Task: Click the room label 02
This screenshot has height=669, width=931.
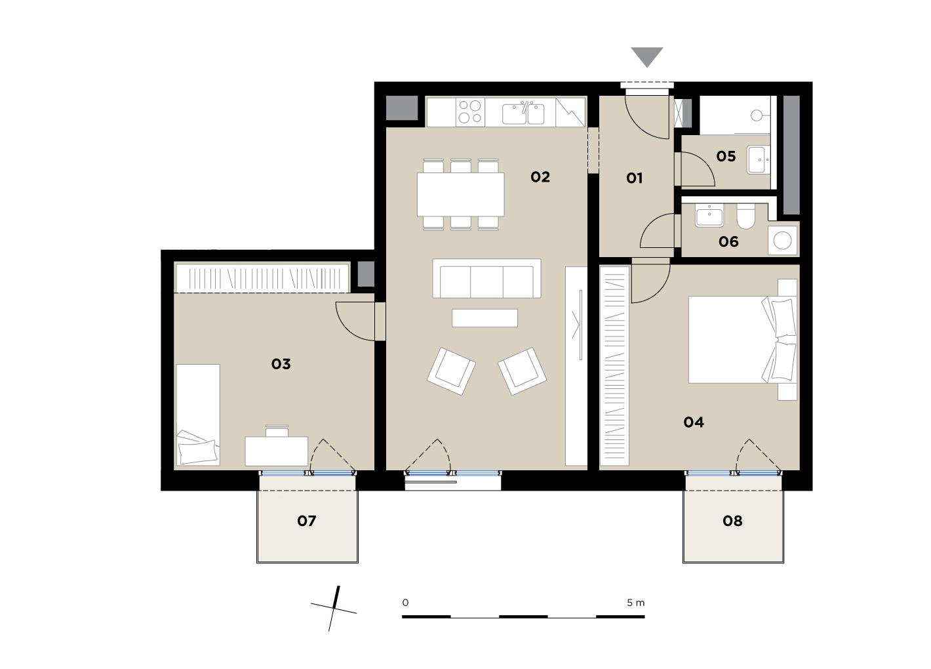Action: pyautogui.click(x=540, y=177)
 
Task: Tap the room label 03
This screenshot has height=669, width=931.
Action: pyautogui.click(x=281, y=364)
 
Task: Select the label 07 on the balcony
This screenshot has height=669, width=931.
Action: pyautogui.click(x=307, y=521)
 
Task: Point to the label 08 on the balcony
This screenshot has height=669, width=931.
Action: pyautogui.click(x=732, y=521)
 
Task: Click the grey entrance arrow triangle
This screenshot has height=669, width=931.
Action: pyautogui.click(x=646, y=57)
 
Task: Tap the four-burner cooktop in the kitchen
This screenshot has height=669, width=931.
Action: pyautogui.click(x=470, y=112)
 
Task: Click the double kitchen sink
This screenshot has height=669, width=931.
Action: pyautogui.click(x=523, y=113)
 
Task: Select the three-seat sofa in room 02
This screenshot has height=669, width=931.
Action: pyautogui.click(x=486, y=278)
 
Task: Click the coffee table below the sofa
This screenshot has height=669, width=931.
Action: pyautogui.click(x=485, y=318)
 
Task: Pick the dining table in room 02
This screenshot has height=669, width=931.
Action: pyautogui.click(x=460, y=195)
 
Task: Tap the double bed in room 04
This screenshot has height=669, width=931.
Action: pyautogui.click(x=742, y=340)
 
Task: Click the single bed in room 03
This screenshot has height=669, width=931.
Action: pyautogui.click(x=198, y=415)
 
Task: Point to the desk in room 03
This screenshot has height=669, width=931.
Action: pyautogui.click(x=277, y=451)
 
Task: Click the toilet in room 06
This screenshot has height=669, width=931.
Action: pyautogui.click(x=745, y=216)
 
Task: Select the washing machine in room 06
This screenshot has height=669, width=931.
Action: pyautogui.click(x=783, y=240)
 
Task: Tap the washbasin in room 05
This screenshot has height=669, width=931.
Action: pyautogui.click(x=759, y=159)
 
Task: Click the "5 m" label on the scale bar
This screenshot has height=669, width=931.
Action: pyautogui.click(x=636, y=603)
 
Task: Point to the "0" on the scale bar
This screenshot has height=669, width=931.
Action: pyautogui.click(x=405, y=603)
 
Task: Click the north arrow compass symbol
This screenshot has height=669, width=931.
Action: pyautogui.click(x=334, y=608)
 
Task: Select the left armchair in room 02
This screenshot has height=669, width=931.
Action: pyautogui.click(x=451, y=371)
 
